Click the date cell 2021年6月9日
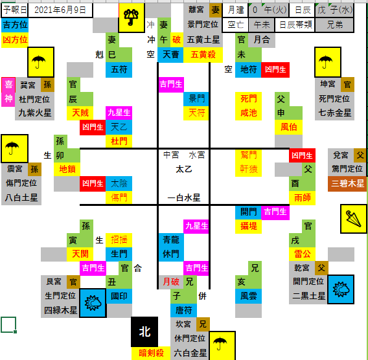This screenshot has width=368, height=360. tap(60, 10)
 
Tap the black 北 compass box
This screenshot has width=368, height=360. tap(144, 332)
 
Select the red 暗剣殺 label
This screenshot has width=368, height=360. tap(151, 353)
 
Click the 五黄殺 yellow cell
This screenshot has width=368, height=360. tap(203, 55)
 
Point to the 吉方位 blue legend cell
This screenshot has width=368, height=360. tap(15, 25)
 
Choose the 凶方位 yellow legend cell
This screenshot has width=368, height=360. tap(15, 39)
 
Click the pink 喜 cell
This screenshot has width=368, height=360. tap(8, 84)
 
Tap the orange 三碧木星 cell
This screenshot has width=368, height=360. tap(347, 183)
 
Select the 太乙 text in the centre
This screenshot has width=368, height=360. tap(184, 169)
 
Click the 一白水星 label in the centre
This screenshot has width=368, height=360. tap(184, 197)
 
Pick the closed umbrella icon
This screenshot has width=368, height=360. tap(354, 219)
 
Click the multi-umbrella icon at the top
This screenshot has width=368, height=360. tap(131, 18)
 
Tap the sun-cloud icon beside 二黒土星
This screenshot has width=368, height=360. tap(341, 289)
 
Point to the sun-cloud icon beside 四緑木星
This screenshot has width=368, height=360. tap(93, 303)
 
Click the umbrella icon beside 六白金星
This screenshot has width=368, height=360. tap(222, 346)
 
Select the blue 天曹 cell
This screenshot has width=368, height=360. tap(170, 55)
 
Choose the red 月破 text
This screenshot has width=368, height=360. tap(171, 282)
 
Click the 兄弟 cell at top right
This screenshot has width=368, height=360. tap(335, 25)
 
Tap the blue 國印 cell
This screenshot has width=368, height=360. tap(119, 296)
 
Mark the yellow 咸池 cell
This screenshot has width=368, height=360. tap(248, 113)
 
